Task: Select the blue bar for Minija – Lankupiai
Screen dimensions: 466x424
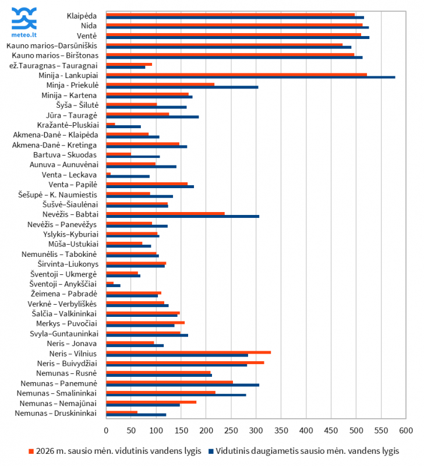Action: point(250,77)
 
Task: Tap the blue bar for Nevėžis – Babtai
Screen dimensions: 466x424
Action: point(182,216)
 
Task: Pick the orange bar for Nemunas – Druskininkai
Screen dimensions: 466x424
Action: point(122,412)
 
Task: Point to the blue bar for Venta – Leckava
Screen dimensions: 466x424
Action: point(128,176)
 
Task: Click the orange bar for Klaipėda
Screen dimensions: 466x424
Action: point(230,14)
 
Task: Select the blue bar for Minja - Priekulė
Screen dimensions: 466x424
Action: point(182,87)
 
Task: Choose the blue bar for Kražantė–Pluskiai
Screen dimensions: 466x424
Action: point(123,126)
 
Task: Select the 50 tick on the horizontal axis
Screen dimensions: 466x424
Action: point(131,430)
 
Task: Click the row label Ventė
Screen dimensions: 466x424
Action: point(87,36)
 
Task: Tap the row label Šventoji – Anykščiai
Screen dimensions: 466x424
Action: point(64,284)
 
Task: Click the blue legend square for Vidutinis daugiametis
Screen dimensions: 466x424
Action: point(213,451)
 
